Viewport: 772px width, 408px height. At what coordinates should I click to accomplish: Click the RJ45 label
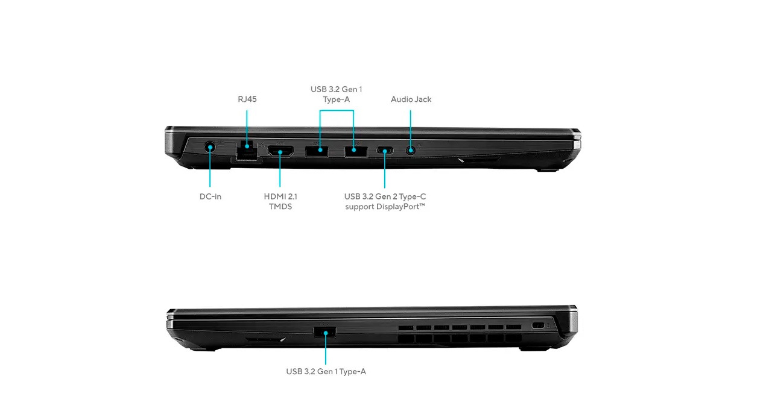247,99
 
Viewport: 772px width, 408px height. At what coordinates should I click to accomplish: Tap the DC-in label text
210,196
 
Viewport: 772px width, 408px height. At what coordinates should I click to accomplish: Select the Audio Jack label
411,99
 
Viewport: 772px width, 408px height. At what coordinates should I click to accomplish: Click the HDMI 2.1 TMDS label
280,201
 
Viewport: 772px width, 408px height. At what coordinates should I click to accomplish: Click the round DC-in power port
210,148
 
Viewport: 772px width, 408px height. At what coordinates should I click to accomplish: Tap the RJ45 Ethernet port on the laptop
247,150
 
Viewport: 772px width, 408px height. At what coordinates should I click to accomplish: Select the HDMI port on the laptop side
280,151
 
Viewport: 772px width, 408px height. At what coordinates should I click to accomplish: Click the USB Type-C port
385,151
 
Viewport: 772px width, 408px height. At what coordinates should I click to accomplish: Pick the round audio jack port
410,151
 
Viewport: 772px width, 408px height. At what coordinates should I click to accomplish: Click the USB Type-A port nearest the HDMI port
317,151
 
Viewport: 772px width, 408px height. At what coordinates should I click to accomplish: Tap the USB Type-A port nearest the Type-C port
356,151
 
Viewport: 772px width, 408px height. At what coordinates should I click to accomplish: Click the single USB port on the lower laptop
325,332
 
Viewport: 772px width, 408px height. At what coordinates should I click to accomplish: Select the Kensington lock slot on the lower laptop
537,325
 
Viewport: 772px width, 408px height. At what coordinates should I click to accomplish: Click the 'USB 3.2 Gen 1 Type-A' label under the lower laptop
326,371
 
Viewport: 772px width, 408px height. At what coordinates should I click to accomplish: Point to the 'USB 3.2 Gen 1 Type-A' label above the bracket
337,95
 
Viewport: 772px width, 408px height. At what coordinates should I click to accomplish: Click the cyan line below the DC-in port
210,169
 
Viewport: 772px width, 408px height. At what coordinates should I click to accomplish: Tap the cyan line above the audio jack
410,130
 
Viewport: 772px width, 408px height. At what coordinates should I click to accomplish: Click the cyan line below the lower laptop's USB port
326,349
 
